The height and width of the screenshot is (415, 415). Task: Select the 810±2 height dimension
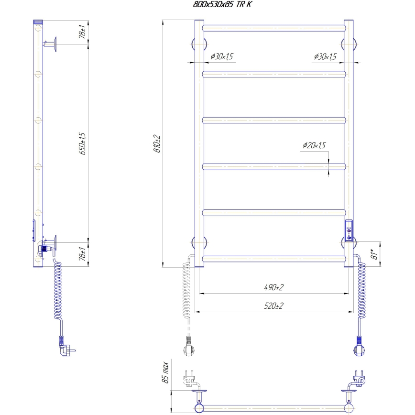(x=156, y=143)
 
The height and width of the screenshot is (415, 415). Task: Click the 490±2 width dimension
(x=273, y=287)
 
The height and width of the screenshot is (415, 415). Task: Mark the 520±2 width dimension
(x=273, y=306)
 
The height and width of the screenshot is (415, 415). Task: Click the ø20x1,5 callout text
(x=314, y=145)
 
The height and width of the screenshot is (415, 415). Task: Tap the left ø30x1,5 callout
(x=221, y=57)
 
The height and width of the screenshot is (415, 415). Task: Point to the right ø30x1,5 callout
(x=325, y=57)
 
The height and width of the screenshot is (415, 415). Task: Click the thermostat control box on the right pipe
(x=349, y=230)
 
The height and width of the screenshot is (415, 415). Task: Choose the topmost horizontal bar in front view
(x=273, y=28)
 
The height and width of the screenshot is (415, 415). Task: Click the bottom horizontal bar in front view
(x=273, y=259)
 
